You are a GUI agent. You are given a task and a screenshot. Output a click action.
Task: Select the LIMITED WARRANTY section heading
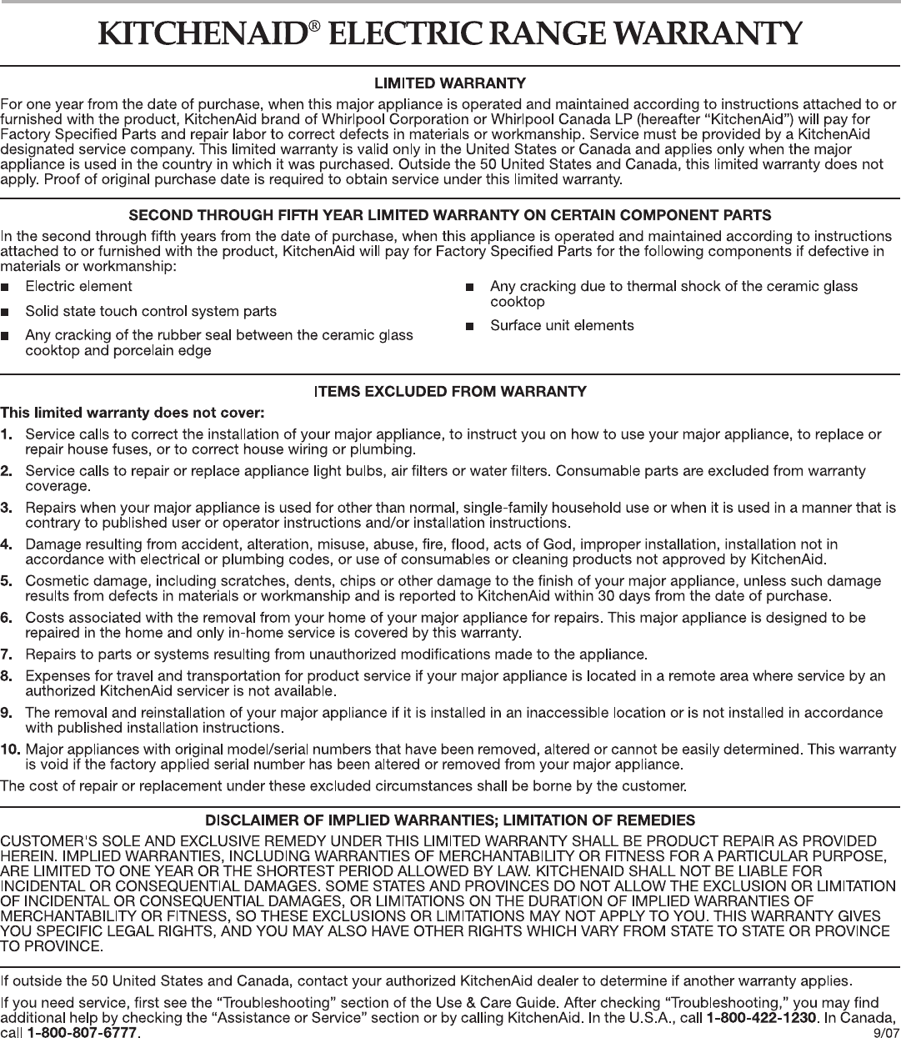pyautogui.click(x=450, y=83)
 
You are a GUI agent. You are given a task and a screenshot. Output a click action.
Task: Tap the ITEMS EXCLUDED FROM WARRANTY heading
pyautogui.click(x=450, y=391)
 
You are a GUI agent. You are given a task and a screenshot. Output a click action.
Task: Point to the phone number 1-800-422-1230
pyautogui.click(x=760, y=1017)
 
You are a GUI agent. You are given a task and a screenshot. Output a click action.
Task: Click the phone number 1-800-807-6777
pyautogui.click(x=83, y=1032)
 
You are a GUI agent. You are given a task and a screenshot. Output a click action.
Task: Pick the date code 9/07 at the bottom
pyautogui.click(x=882, y=1033)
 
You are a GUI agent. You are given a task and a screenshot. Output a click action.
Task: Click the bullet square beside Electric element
pyautogui.click(x=7, y=288)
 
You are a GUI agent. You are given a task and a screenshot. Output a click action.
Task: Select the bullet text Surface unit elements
pyautogui.click(x=562, y=325)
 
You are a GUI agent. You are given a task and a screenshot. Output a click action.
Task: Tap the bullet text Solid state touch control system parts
pyautogui.click(x=151, y=311)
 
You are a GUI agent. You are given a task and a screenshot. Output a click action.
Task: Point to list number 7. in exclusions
pyautogui.click(x=7, y=651)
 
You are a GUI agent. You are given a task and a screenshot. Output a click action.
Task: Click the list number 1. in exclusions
pyautogui.click(x=7, y=434)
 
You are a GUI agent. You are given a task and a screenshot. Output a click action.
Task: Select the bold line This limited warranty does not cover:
pyautogui.click(x=133, y=412)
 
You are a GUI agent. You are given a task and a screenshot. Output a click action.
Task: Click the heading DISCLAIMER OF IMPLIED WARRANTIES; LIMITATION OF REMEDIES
pyautogui.click(x=450, y=820)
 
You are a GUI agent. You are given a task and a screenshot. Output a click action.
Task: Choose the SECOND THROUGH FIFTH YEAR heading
pyautogui.click(x=450, y=216)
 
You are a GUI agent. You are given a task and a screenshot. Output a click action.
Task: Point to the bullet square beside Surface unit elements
pyautogui.click(x=470, y=326)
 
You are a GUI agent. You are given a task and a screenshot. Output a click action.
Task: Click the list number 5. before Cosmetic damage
pyautogui.click(x=7, y=580)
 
